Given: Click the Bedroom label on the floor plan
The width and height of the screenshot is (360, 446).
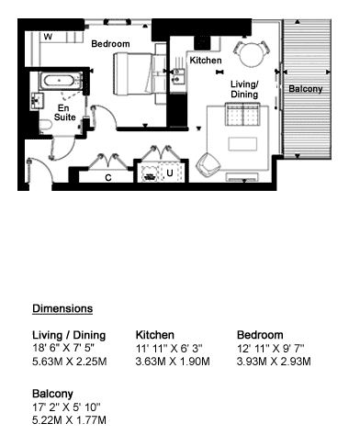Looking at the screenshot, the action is (110, 44).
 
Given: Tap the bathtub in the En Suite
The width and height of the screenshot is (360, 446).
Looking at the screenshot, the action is (60, 81).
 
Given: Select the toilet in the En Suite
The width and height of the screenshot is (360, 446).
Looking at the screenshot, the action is (45, 127).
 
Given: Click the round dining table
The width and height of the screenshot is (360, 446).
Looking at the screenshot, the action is (252, 53).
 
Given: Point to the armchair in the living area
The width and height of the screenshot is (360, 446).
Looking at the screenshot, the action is (208, 165).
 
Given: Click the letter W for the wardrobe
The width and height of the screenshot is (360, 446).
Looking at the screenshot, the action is (48, 37).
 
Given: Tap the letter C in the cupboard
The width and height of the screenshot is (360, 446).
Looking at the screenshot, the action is (108, 178).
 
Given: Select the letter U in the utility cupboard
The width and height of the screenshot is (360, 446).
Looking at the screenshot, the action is (170, 173).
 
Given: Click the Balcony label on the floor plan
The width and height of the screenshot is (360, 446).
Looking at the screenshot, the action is (306, 89).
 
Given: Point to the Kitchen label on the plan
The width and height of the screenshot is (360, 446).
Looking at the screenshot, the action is (206, 61).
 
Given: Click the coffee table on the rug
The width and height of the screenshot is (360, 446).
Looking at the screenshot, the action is (242, 144).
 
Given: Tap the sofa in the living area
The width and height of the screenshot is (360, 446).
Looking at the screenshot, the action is (242, 115).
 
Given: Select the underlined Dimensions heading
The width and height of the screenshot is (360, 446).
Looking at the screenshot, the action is (62, 308).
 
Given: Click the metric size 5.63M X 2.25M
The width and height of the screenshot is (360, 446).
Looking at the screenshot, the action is (70, 362).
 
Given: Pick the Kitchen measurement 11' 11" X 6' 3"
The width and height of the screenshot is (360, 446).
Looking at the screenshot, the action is (169, 348).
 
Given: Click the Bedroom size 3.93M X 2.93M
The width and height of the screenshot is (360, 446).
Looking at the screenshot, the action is (274, 362).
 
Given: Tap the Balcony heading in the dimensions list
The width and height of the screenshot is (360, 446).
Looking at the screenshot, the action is (52, 394).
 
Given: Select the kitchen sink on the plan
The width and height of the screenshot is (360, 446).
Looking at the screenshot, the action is (177, 76).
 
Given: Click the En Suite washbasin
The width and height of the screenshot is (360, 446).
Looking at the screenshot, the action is (38, 101).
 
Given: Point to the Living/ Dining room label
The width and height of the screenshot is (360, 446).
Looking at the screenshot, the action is (244, 89).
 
